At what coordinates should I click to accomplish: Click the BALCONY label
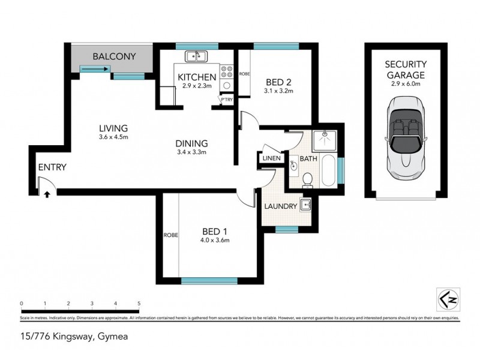pos(114,57)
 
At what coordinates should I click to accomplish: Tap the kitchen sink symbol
pos(196,57)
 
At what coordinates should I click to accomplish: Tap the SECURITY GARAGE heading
pos(405,70)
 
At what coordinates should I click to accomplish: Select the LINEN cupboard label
pos(271,158)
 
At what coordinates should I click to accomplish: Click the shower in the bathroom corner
pos(325,140)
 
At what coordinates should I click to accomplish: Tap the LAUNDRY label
pos(280,206)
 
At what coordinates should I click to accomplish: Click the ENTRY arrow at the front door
pos(47,193)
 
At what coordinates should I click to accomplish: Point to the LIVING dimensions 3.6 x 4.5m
pos(114,137)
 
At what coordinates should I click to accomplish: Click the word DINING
pos(191,143)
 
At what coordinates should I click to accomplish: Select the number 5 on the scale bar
pos(139,304)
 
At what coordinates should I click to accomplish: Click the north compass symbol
pos(445,298)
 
